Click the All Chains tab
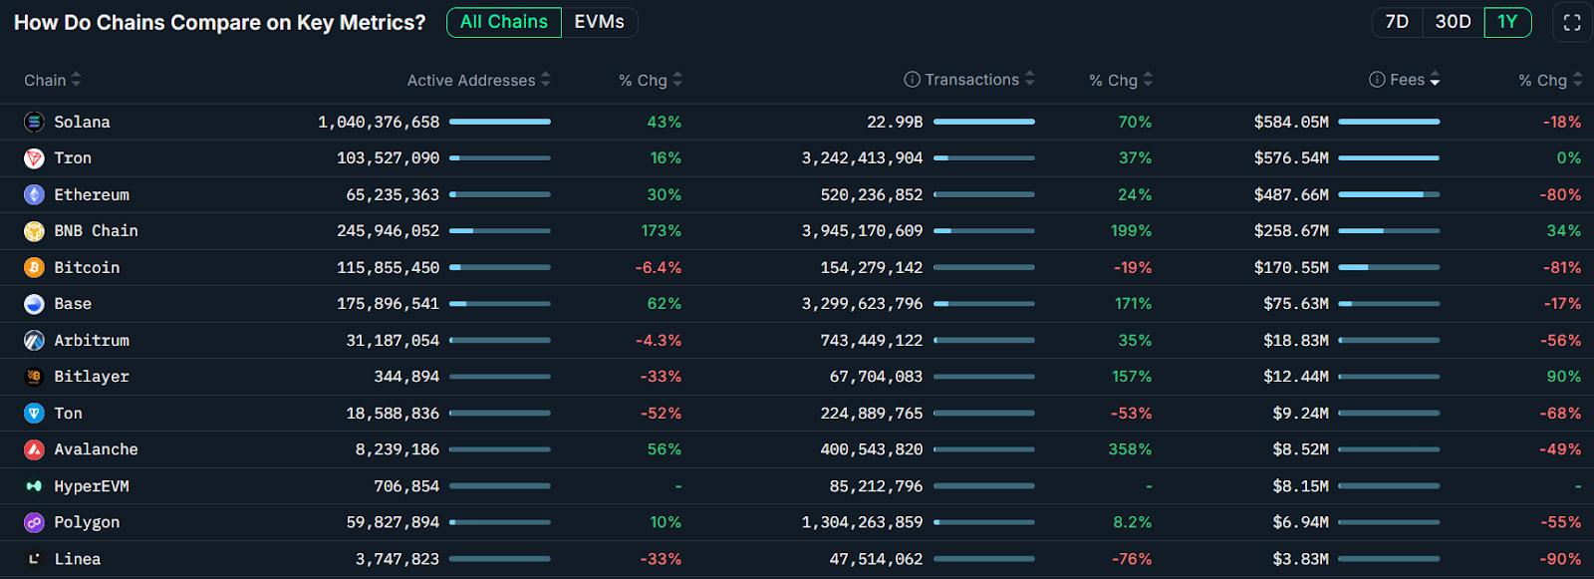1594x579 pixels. coord(504,22)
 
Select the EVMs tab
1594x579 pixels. coord(599,22)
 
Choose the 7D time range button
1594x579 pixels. coord(1397,22)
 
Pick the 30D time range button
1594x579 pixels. coord(1453,22)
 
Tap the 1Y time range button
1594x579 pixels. coord(1507,22)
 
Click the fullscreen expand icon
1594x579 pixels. coord(1572,22)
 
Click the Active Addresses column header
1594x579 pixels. coord(471,80)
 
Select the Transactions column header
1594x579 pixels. coord(971,80)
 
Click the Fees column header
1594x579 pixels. coord(1407,80)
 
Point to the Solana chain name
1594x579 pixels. coord(82,122)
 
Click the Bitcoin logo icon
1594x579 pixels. coord(34,267)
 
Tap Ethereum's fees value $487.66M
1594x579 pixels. coord(1291,194)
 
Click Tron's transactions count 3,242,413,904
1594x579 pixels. coord(862,157)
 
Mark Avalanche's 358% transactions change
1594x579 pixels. coord(1130,449)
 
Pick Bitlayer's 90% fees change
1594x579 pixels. coord(1563,377)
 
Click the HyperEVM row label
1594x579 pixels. coord(91,486)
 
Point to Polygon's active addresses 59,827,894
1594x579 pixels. coord(393,522)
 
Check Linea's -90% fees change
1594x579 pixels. coord(1560,559)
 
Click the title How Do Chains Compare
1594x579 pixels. coord(219,22)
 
